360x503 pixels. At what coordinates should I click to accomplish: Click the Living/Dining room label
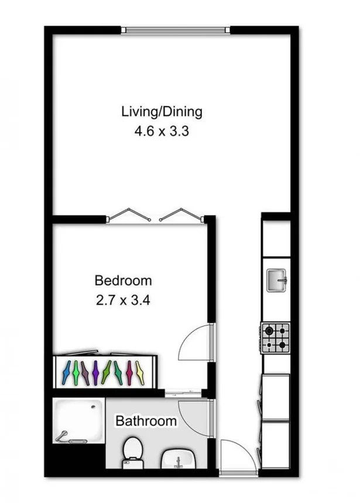(x=162, y=112)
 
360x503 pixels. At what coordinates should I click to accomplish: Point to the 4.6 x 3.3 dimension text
(x=162, y=131)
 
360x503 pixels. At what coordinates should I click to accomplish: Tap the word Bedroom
(x=123, y=280)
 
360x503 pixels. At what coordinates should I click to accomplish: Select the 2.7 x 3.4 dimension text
(x=123, y=300)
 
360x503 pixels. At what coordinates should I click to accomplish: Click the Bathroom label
(x=146, y=421)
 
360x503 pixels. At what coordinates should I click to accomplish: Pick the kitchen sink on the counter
(x=276, y=280)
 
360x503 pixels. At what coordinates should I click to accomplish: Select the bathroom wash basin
(x=179, y=458)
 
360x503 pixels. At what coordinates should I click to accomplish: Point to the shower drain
(x=93, y=407)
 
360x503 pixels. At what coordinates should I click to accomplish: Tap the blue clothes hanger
(x=66, y=372)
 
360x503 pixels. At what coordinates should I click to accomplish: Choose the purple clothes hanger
(x=95, y=372)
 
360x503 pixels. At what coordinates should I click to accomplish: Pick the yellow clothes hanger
(x=140, y=373)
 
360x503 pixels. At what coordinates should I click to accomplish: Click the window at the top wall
(x=176, y=30)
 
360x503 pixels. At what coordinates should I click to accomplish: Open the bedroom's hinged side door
(x=196, y=343)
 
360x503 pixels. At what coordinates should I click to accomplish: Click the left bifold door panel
(x=129, y=214)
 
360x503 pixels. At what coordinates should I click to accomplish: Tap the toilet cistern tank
(x=133, y=464)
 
